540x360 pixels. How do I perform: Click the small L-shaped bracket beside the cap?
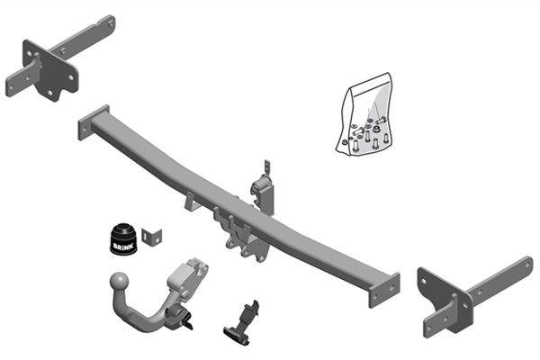(154, 236)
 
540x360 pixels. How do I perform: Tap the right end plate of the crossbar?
(384, 290)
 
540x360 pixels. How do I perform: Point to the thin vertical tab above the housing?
(266, 171)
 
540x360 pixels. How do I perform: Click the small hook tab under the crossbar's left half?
(192, 204)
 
